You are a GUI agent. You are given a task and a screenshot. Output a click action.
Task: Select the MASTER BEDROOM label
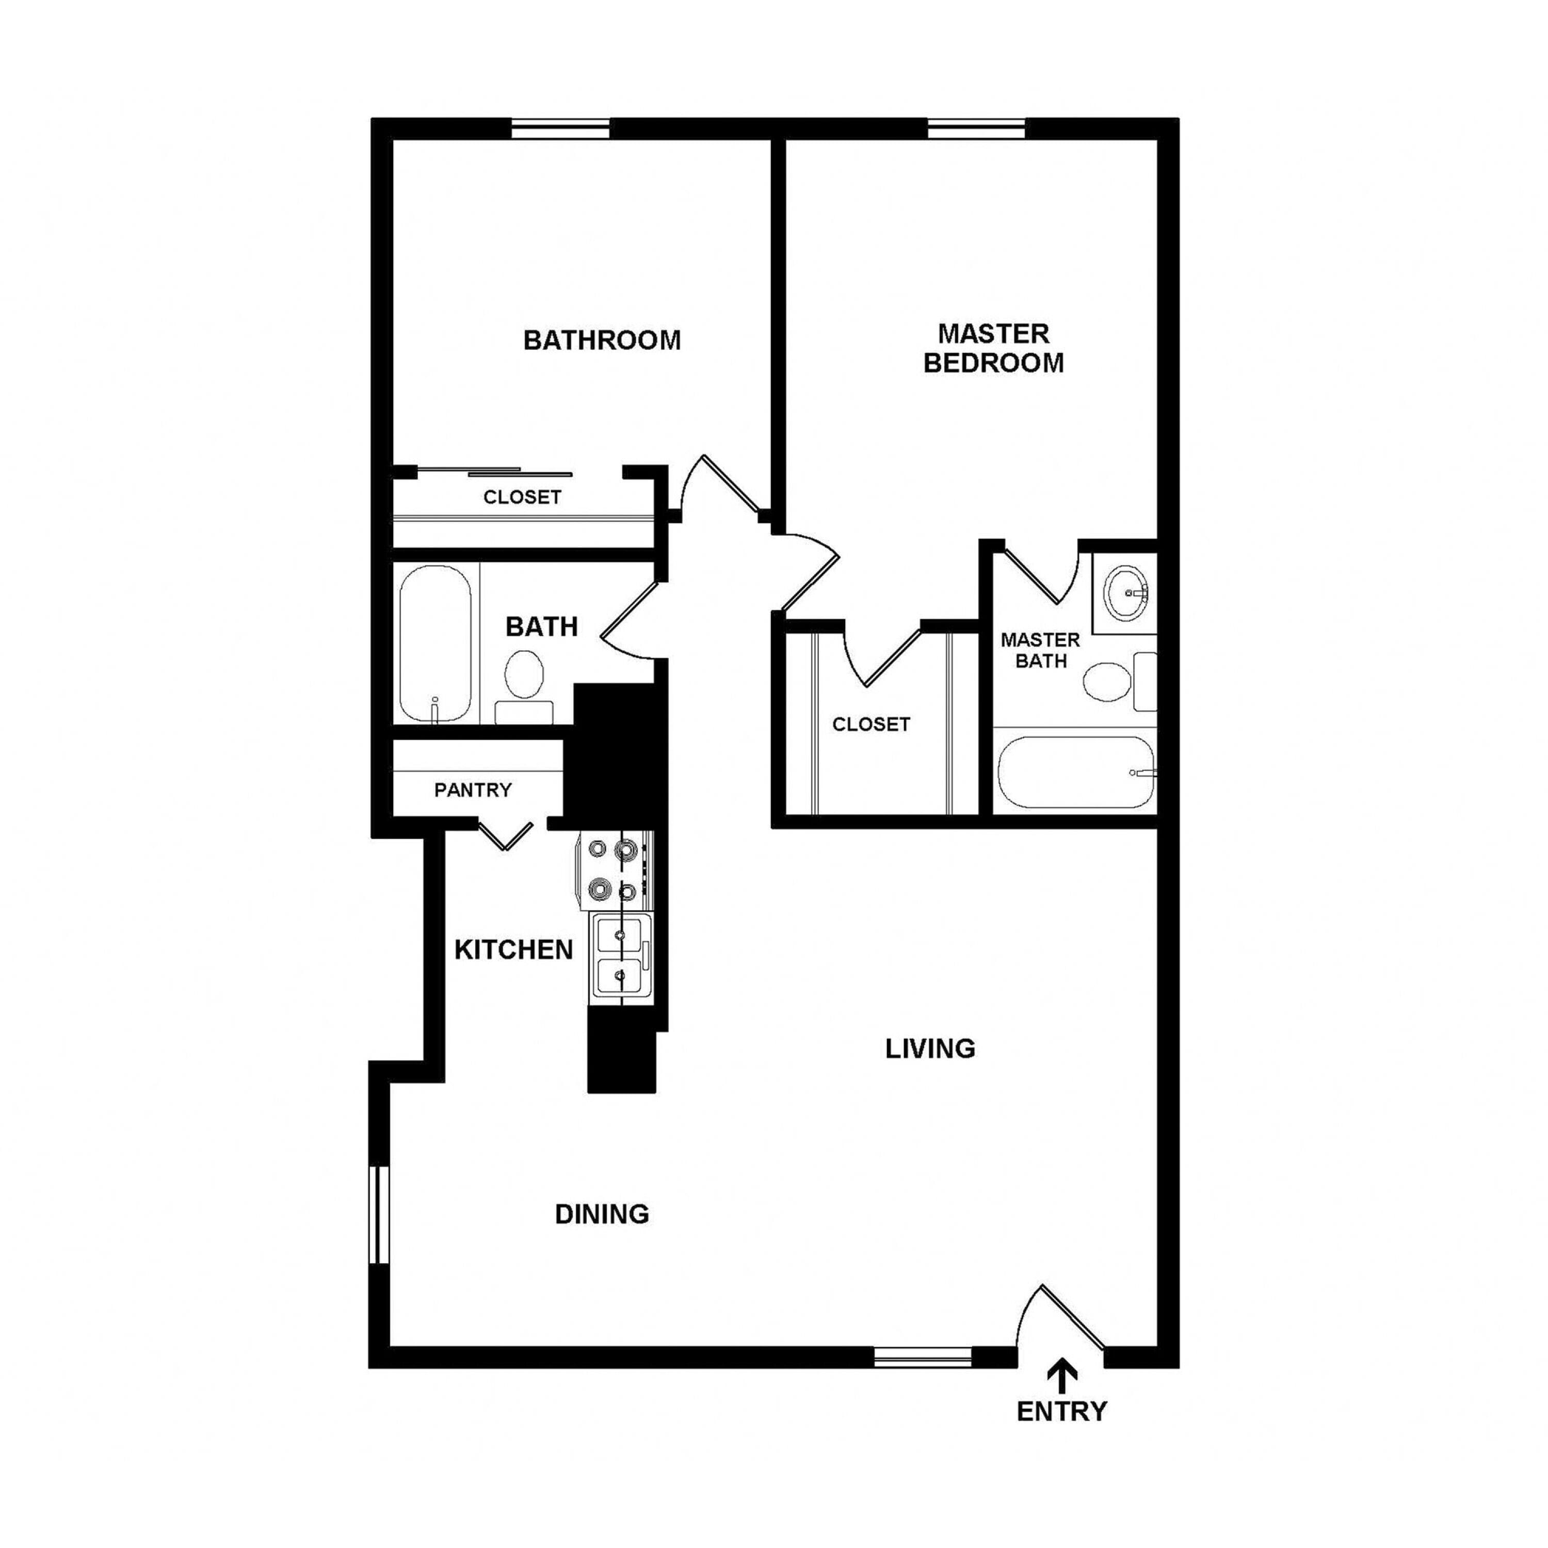click(993, 348)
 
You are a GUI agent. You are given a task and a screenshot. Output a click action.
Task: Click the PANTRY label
click(473, 790)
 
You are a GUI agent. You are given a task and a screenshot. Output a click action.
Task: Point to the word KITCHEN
click(513, 949)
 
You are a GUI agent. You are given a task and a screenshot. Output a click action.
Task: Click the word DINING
click(602, 1214)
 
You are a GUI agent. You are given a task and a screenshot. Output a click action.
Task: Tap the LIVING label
click(930, 1048)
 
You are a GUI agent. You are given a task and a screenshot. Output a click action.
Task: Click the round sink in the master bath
click(1126, 593)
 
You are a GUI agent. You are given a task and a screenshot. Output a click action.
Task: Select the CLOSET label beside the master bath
click(871, 724)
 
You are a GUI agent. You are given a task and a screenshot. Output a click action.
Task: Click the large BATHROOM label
click(602, 341)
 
